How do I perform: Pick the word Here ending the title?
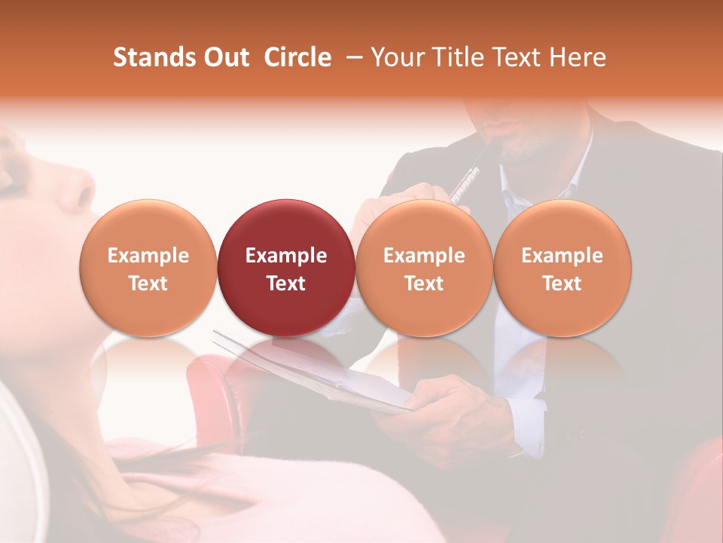tap(577, 57)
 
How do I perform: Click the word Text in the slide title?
tap(516, 57)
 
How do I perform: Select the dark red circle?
tap(285, 267)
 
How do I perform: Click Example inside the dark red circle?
tap(285, 256)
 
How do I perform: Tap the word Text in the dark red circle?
tap(285, 284)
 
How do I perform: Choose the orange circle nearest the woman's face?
tap(148, 267)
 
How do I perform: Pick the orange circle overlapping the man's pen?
tap(424, 267)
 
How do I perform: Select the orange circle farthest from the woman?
tap(563, 267)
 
